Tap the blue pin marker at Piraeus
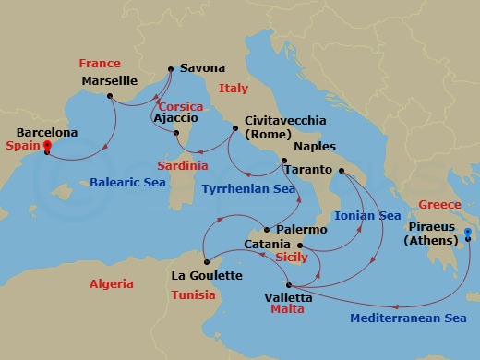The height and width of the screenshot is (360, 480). click(x=468, y=234)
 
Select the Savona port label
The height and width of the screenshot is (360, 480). click(x=202, y=68)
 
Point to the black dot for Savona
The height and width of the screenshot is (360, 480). click(x=171, y=67)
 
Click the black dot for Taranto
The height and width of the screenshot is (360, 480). click(x=342, y=172)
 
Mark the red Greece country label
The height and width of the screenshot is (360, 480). click(x=439, y=204)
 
